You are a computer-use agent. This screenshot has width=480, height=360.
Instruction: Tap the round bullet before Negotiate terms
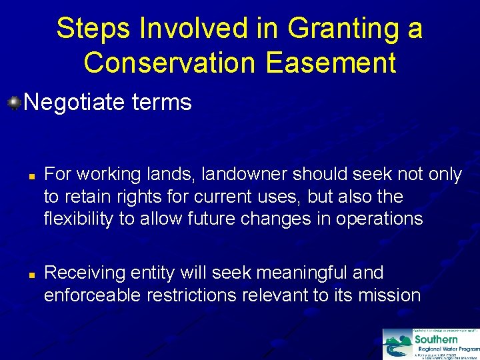[x=14, y=102]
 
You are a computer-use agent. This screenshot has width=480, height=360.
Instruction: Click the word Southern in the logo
[x=436, y=339]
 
